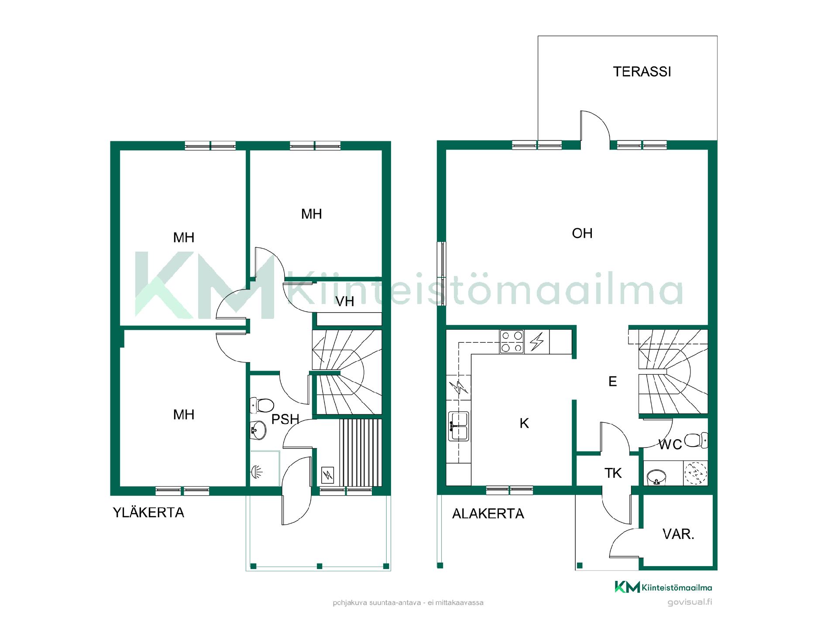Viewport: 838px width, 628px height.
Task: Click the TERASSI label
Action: click(642, 72)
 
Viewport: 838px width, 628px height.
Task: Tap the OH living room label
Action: click(582, 233)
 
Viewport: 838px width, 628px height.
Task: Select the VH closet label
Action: click(345, 301)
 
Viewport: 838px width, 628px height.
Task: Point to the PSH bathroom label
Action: click(285, 420)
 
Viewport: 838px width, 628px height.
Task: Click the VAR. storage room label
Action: click(678, 534)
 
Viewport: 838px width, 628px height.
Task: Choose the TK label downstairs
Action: click(613, 473)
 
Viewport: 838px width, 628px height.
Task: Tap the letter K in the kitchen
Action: click(524, 423)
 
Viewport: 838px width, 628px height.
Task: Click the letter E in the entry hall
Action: click(613, 382)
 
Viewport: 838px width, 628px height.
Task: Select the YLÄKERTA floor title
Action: click(148, 512)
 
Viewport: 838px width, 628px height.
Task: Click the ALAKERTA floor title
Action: click(488, 514)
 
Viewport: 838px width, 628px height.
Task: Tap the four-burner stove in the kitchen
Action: click(512, 342)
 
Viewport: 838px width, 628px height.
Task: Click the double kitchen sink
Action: click(458, 426)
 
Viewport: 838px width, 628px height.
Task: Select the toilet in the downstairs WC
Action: click(696, 440)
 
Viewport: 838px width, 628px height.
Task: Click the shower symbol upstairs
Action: click(257, 471)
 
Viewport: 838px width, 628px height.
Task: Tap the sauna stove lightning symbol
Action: click(327, 475)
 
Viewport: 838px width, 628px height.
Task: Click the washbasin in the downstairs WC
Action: click(656, 477)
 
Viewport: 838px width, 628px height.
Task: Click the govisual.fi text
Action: click(690, 602)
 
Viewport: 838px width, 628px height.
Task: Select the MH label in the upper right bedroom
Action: click(312, 214)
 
